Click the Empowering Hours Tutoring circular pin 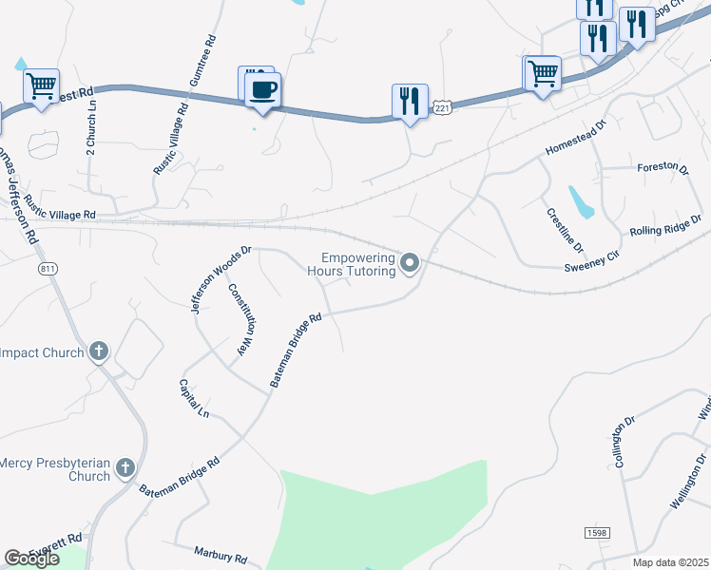411,262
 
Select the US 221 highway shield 442,109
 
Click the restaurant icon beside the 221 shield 409,101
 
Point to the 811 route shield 49,269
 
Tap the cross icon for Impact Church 98,352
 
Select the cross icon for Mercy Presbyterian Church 125,467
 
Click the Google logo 31,558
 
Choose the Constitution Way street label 242,318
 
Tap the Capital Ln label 194,398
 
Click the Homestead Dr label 575,139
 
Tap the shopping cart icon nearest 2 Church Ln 42,87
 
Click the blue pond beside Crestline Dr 581,201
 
